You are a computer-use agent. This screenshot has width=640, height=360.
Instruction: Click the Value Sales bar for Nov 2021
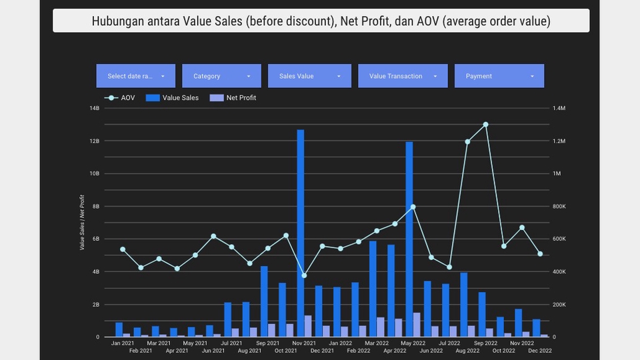(300, 233)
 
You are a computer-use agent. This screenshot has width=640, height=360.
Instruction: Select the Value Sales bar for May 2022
(409, 240)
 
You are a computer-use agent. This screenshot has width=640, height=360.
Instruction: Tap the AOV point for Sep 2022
(485, 125)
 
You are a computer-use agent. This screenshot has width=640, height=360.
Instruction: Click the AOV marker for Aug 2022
(467, 142)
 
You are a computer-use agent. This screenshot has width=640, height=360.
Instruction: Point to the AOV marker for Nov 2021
(304, 275)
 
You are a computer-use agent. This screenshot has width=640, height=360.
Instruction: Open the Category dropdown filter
(222, 76)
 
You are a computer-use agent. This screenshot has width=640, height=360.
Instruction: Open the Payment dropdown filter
(499, 76)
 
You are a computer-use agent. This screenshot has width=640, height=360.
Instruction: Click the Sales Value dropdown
(309, 76)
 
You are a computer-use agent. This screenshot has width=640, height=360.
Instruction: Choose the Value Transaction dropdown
(402, 76)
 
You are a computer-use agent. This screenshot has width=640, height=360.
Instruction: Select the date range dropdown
(136, 76)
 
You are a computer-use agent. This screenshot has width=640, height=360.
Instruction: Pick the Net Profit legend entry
(233, 98)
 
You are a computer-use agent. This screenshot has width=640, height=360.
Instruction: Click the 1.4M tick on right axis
(558, 108)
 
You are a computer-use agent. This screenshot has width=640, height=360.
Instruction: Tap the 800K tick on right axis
(558, 206)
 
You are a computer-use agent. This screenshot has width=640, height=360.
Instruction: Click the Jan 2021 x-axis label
(123, 343)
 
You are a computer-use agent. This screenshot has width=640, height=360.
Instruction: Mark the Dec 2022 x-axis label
(540, 350)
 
